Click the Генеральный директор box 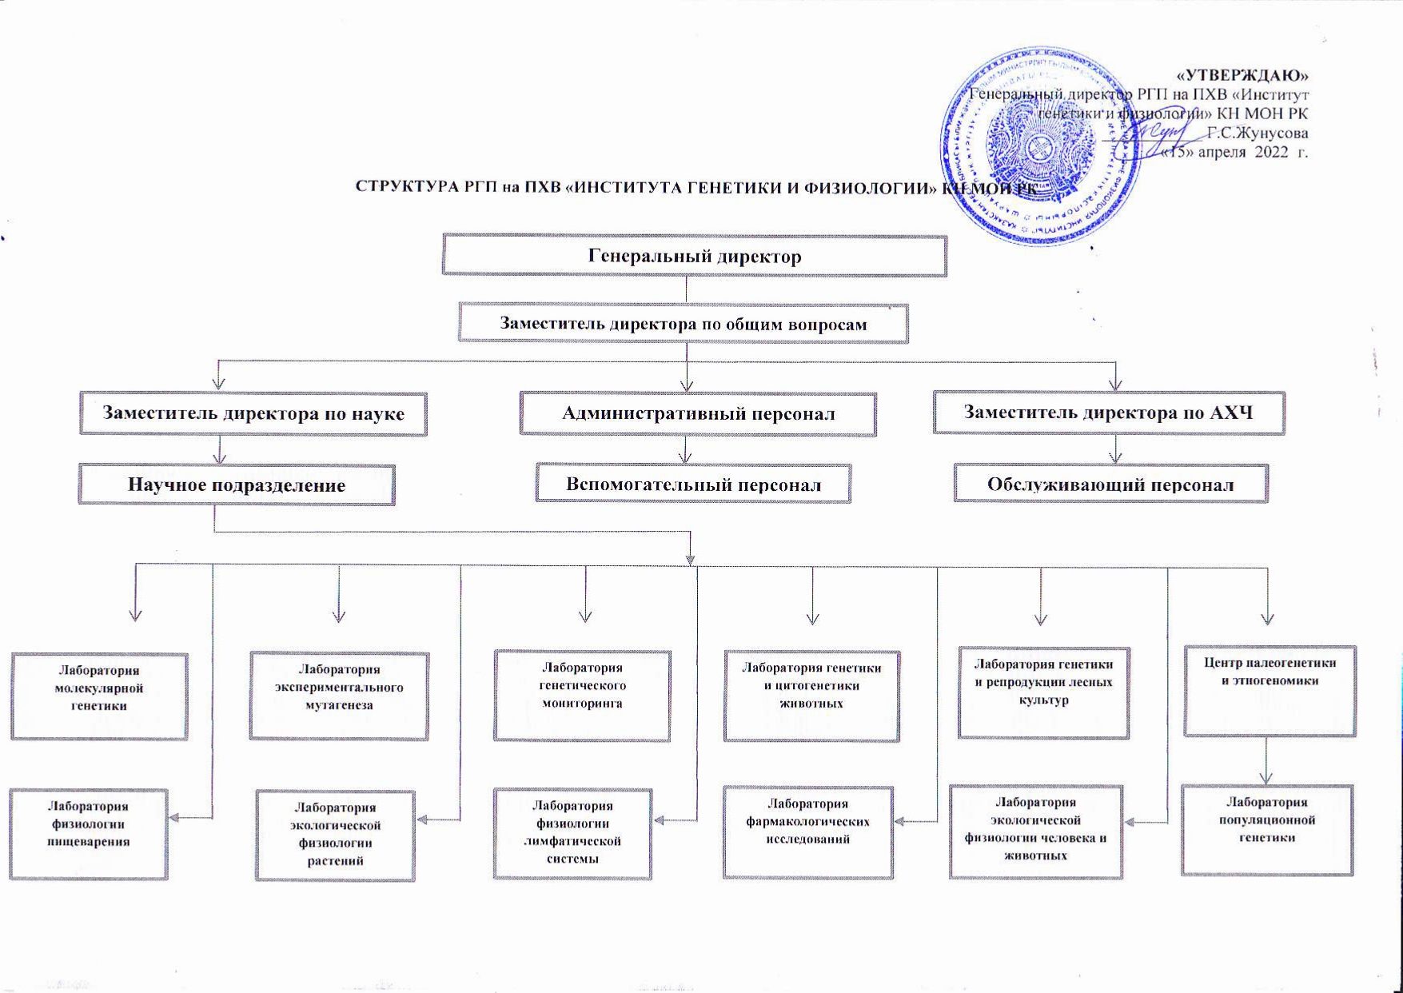coord(694,256)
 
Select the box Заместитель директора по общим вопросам coord(684,324)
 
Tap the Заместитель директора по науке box coord(253,413)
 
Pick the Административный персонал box coord(698,413)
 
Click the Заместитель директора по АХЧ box coord(1108,413)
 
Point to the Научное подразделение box coord(237,485)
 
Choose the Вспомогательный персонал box coord(693,484)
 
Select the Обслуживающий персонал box coord(1110,484)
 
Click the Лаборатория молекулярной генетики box coord(99,696)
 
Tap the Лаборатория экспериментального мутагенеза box coord(339,695)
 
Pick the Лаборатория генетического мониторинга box coord(582,695)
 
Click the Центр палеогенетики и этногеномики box coord(1269,691)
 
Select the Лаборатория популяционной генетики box coord(1267,829)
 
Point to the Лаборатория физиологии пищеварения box coord(88,834)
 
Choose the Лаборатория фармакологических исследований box coord(807,831)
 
